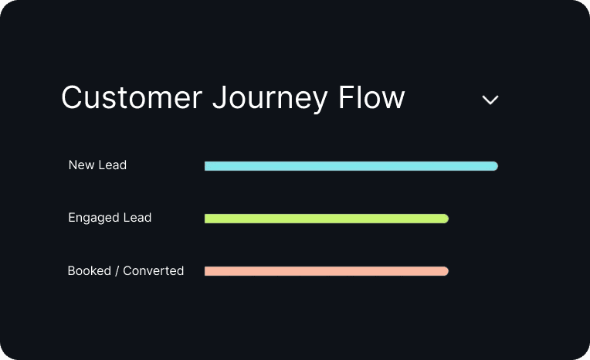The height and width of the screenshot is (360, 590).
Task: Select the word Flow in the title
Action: tap(372, 99)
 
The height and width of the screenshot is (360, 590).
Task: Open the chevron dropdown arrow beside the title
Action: tap(490, 100)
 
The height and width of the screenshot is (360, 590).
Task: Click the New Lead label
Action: tap(97, 165)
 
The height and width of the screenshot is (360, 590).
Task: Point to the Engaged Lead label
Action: tap(110, 218)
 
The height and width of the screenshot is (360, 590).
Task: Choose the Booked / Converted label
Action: tap(126, 271)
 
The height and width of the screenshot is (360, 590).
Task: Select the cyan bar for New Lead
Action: tap(351, 166)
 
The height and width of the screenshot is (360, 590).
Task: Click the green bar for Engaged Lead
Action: tap(326, 219)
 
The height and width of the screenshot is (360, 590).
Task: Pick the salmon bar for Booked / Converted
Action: tap(326, 271)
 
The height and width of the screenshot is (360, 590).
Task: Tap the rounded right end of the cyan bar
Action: tap(494, 166)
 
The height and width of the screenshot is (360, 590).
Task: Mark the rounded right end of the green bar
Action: tap(445, 219)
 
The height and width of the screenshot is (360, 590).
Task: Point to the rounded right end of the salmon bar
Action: tap(445, 271)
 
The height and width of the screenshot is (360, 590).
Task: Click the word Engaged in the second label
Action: tap(91, 218)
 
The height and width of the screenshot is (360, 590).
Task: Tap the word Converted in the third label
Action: tap(154, 271)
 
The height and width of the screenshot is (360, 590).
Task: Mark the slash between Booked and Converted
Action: tap(117, 271)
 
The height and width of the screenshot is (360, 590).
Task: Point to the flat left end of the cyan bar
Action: tap(207, 166)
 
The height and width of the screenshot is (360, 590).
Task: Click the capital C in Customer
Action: tap(71, 99)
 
